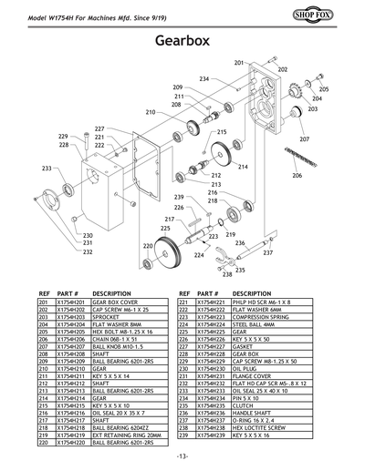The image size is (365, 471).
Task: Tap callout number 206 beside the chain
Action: point(297,175)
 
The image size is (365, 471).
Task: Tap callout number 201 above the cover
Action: point(239,63)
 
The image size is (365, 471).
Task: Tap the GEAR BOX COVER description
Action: point(117,303)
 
